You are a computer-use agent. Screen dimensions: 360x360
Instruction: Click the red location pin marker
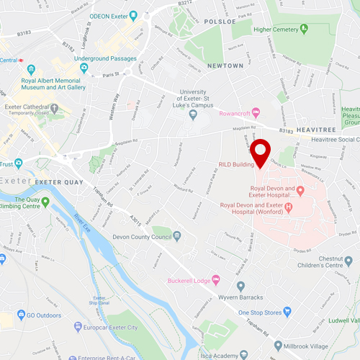click(260, 151)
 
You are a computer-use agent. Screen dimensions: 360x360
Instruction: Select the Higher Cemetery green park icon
click(305, 30)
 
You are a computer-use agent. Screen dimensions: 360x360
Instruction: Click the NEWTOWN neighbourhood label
click(225, 66)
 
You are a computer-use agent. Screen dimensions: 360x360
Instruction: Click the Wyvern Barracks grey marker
click(240, 285)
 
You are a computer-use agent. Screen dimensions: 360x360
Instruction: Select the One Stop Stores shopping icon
click(287, 312)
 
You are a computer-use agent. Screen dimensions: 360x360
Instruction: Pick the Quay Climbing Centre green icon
click(46, 202)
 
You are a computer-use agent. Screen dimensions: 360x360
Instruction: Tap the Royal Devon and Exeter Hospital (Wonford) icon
click(289, 209)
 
